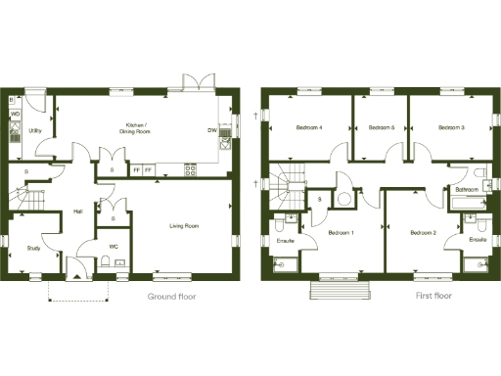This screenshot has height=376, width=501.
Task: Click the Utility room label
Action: point(35,130)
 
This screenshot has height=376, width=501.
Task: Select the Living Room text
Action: point(184,226)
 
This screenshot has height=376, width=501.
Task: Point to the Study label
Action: point(33,248)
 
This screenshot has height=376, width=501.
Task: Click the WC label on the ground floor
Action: point(114,246)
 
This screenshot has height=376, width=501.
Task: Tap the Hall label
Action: point(76,211)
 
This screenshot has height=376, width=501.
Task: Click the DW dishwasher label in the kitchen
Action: point(211,130)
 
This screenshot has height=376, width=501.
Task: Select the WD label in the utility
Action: point(15,115)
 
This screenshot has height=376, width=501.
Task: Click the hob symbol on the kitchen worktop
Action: point(189,168)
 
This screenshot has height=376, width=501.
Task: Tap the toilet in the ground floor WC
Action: point(105,261)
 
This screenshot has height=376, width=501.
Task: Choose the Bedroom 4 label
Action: point(310,128)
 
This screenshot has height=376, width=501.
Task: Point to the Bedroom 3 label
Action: point(451,128)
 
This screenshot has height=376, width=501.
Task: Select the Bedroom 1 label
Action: point(341,233)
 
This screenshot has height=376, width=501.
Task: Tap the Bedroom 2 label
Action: point(423,233)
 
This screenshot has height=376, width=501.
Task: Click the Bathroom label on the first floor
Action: point(467,189)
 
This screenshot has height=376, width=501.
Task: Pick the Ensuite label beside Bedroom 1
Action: point(287,240)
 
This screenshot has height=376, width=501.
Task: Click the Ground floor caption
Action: point(172,295)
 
